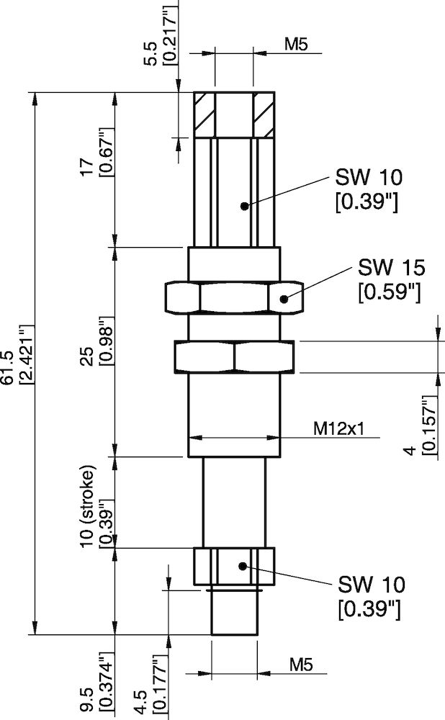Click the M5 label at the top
point(296,45)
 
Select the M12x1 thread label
point(339,428)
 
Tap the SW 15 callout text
point(390,279)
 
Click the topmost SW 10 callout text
point(367,189)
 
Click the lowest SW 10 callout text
point(369,595)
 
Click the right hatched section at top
point(264,114)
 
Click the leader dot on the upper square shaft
point(245,206)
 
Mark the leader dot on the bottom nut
point(245,566)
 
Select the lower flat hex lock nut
point(233,356)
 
